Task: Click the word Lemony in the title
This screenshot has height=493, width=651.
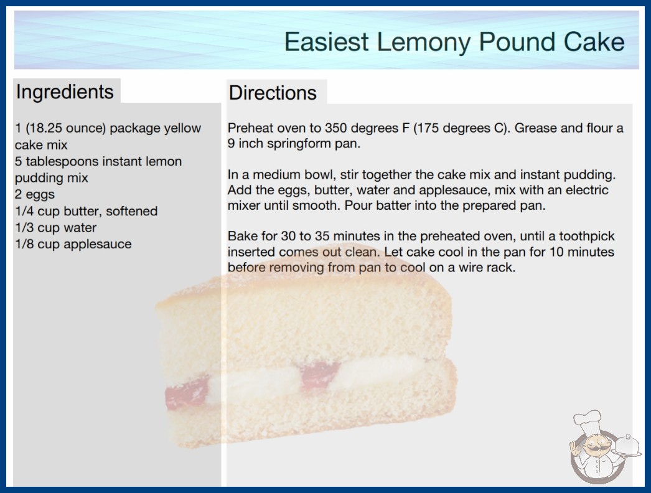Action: tap(424, 42)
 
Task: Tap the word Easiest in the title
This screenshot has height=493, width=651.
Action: tap(326, 42)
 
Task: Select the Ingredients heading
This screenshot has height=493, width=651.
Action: tap(65, 92)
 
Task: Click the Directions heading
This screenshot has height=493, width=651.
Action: tap(273, 93)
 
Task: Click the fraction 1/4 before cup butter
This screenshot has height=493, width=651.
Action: tap(24, 211)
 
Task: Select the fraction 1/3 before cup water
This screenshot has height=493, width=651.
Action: tap(24, 228)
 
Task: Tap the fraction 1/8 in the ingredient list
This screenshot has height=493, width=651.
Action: tap(24, 244)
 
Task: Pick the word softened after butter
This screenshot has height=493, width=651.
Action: tap(131, 211)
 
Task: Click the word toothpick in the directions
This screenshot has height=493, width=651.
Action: tap(587, 237)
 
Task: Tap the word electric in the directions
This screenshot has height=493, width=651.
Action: tap(587, 190)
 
